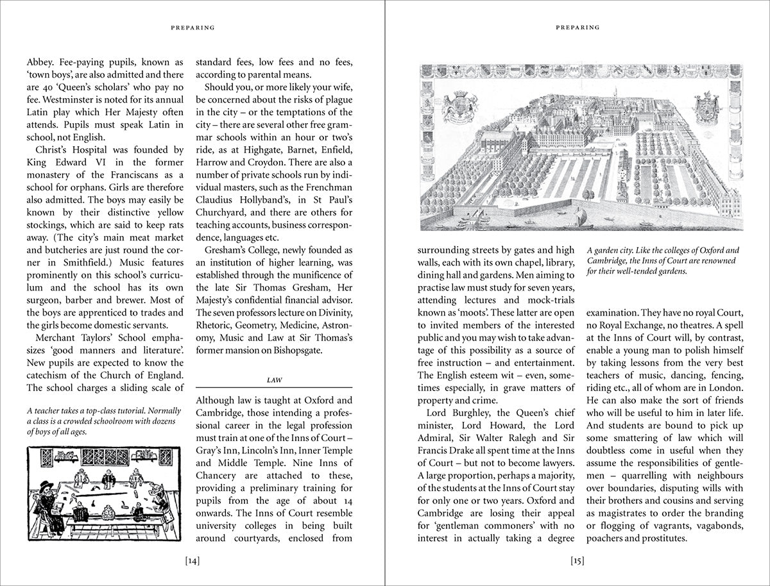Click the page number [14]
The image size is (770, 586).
193,562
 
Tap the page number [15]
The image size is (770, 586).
577,562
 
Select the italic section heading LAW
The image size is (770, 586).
274,380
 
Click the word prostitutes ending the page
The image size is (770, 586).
662,539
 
